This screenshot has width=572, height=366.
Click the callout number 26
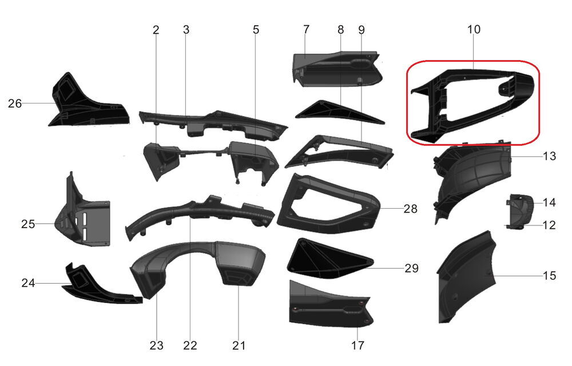coord(15,104)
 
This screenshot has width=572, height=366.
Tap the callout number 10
coord(474,29)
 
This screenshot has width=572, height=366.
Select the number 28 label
coord(410,209)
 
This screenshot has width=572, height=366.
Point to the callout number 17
coord(357,345)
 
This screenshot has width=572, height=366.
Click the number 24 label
coord(29,283)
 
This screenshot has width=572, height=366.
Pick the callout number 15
coord(549,276)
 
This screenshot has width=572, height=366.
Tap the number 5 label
coord(256,29)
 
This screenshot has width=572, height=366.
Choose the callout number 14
coord(549,202)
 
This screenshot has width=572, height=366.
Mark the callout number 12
coord(549,225)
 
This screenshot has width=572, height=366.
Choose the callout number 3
coord(186,29)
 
